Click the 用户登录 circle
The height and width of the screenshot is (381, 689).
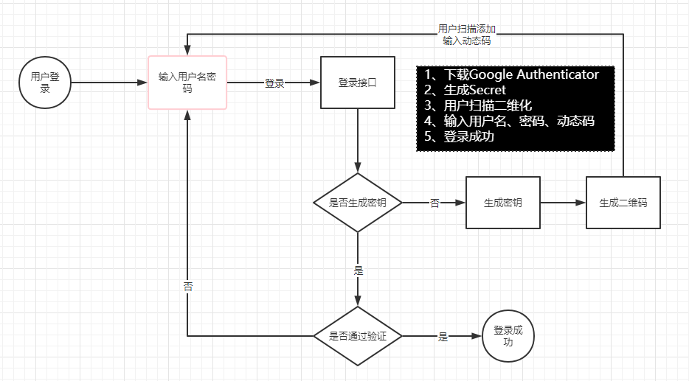pos(45,82)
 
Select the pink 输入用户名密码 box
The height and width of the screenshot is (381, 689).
pos(187,82)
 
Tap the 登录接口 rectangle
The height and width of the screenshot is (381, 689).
pos(357,83)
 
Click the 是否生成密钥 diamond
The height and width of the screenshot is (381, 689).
pos(358,203)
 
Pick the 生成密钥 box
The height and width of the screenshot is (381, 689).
pos(502,203)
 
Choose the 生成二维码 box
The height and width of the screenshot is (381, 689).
pos(623,203)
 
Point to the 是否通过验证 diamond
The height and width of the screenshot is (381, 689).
pos(358,336)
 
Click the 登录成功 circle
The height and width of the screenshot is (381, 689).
pos(508,336)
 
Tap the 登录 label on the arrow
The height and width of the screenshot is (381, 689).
pos(274,83)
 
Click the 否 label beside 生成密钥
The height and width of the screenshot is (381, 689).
pos(434,203)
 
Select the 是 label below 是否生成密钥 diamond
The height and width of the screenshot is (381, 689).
pos(359,270)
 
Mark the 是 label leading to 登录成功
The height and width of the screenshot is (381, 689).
pos(443,337)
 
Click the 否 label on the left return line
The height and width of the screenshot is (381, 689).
pos(187,286)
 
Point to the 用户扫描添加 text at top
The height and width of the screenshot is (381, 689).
pos(467,29)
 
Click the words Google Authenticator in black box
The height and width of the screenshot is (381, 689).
pos(534,74)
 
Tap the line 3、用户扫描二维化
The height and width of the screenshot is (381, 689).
pos(478,105)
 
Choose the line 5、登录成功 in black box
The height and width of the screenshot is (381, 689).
pos(459,136)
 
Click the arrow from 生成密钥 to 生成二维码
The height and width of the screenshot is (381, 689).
pos(563,203)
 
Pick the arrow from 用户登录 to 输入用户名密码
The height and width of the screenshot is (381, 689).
pos(109,83)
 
